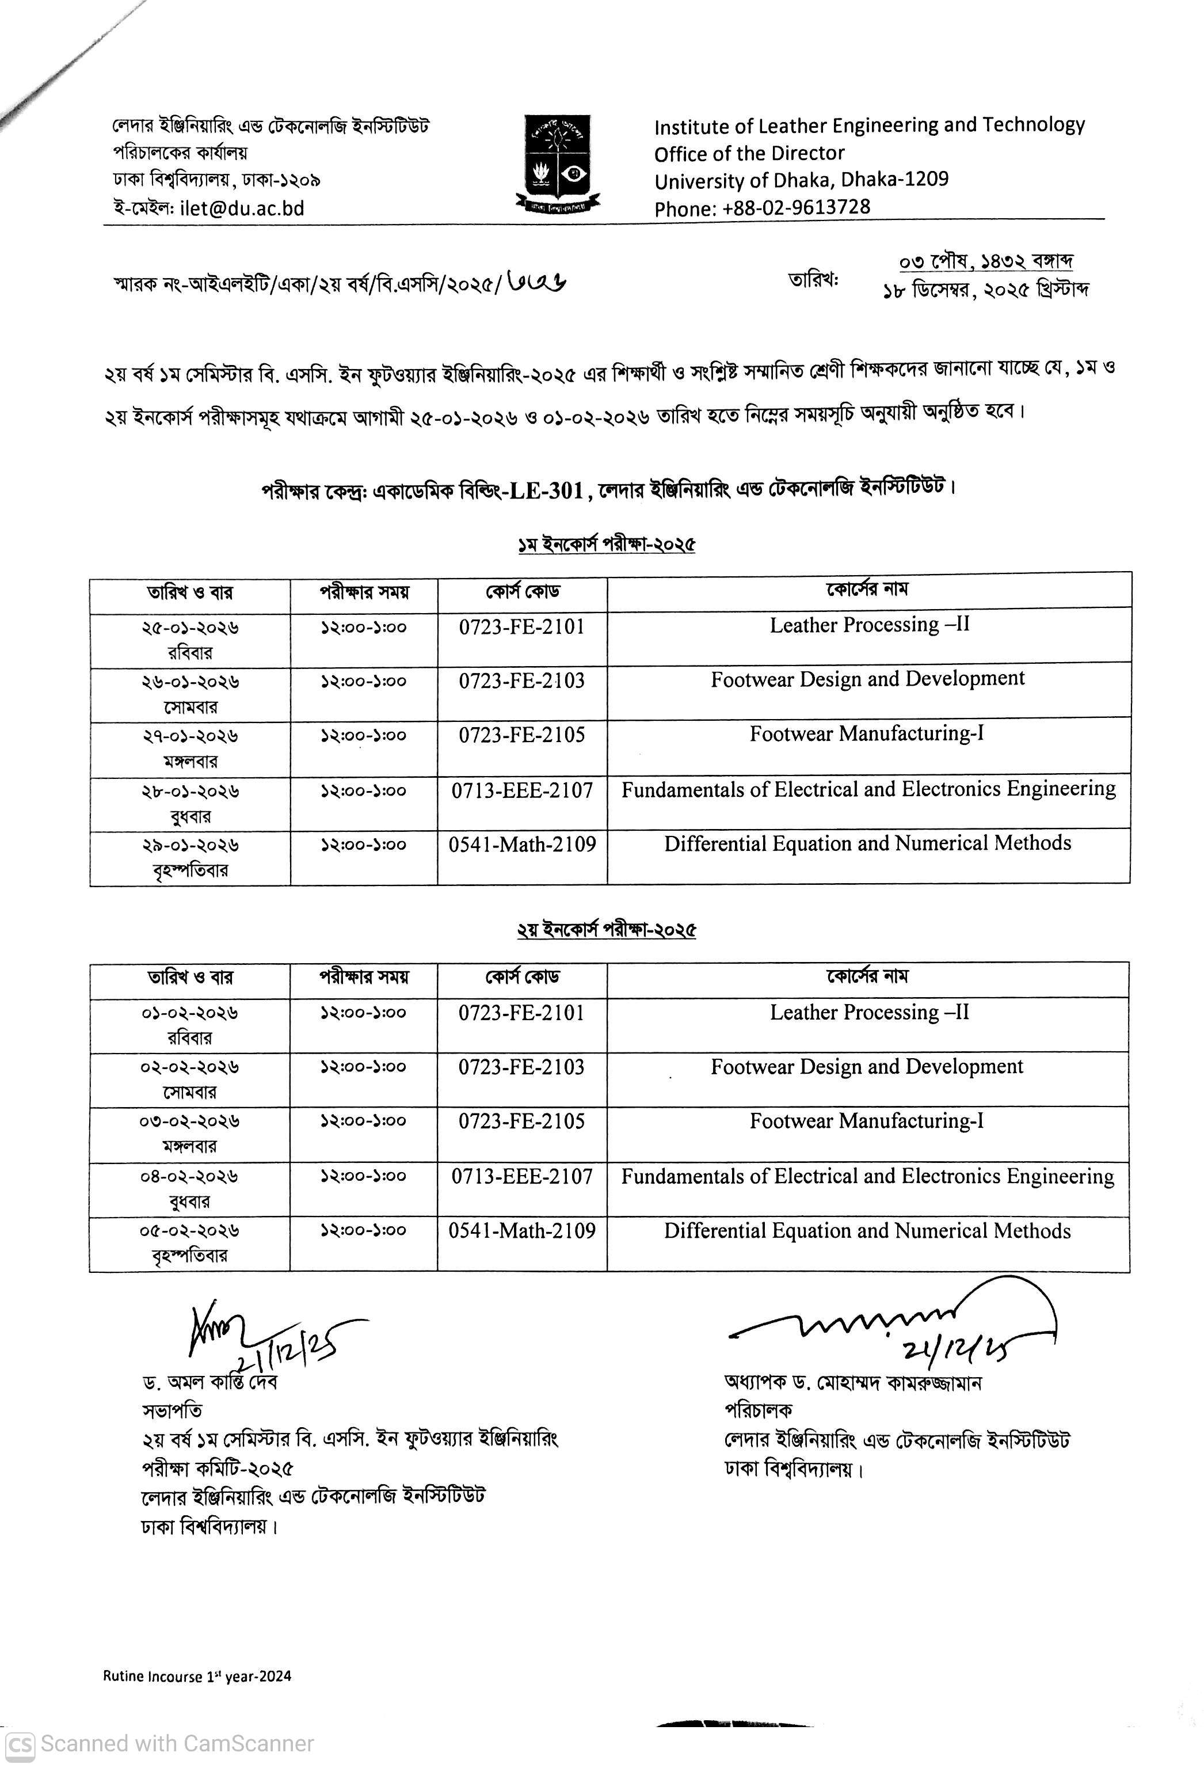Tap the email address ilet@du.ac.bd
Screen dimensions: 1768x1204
click(242, 208)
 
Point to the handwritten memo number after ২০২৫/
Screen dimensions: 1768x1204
click(536, 282)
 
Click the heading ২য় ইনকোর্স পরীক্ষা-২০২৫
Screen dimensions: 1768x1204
click(605, 930)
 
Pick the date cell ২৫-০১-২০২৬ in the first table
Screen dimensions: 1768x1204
click(190, 629)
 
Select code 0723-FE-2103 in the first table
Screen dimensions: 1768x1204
click(522, 680)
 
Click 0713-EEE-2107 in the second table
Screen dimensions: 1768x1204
click(522, 1176)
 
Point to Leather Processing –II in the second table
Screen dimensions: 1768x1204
click(870, 1013)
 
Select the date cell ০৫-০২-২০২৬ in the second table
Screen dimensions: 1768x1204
click(189, 1231)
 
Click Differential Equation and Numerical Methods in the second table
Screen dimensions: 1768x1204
click(867, 1231)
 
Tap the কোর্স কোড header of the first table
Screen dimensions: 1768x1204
click(523, 591)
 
